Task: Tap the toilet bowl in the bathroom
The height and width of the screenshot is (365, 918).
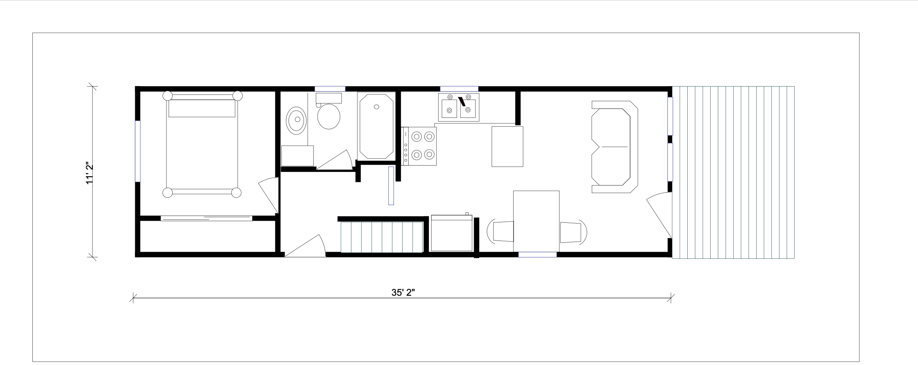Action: click(x=329, y=116)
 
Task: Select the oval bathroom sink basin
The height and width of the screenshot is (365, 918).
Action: click(x=297, y=120)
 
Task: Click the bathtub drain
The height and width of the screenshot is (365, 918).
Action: click(x=376, y=107)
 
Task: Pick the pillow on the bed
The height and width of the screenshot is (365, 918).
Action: click(x=202, y=108)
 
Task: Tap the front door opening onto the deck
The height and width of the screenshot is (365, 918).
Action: click(x=659, y=215)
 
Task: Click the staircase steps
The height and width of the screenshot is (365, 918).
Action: click(x=382, y=237)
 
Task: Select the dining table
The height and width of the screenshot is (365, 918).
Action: click(x=536, y=221)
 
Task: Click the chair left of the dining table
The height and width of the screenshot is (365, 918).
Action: click(x=500, y=231)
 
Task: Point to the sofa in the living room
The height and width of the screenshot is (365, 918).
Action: click(x=615, y=147)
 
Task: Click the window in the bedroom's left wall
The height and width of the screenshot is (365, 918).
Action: click(x=138, y=151)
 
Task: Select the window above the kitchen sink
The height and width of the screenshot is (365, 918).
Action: click(x=459, y=89)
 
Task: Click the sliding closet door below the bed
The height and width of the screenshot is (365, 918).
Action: click(x=207, y=218)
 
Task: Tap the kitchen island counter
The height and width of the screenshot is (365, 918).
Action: click(x=508, y=146)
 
